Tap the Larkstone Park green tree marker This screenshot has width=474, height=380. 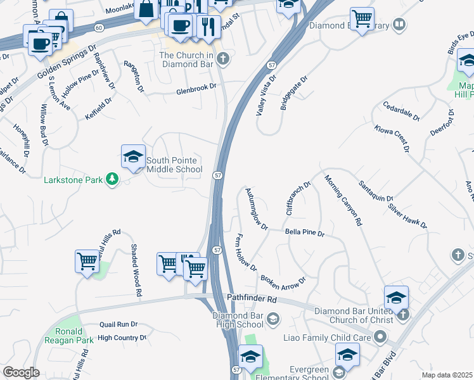(112, 180)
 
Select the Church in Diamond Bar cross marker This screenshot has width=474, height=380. (222, 60)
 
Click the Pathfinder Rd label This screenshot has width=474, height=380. (252, 298)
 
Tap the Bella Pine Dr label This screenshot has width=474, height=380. (304, 234)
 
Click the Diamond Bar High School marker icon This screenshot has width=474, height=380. (273, 319)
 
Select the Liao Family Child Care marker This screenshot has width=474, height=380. (379, 338)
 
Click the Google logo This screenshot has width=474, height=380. (21, 372)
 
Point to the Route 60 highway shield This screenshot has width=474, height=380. (99, 28)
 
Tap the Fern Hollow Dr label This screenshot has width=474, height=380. (245, 252)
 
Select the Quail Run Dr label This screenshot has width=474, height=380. (118, 324)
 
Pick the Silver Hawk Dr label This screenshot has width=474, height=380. (407, 216)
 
